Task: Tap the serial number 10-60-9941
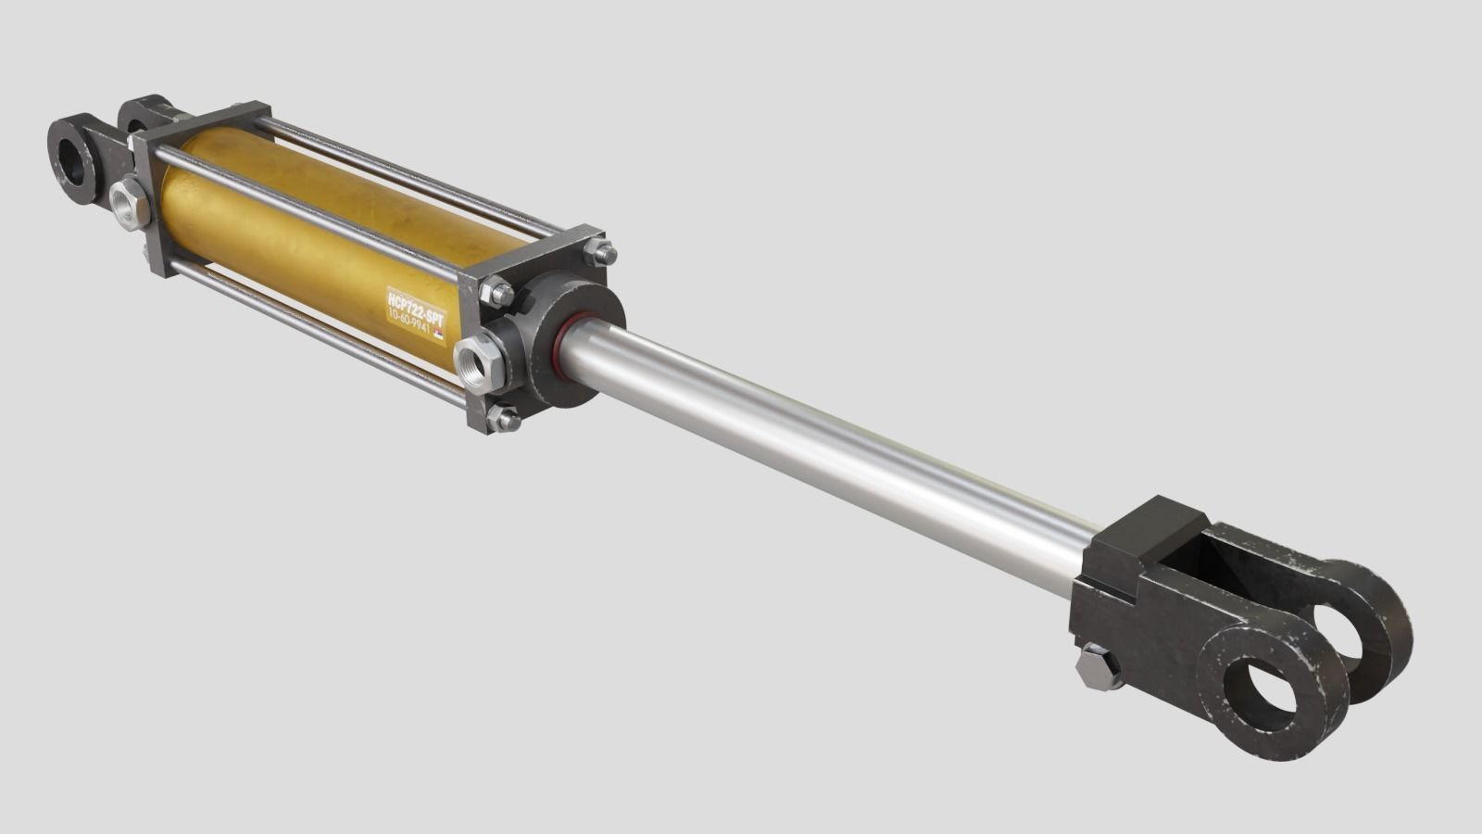(412, 324)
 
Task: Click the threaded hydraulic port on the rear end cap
(129, 204)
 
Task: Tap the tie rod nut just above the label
(496, 294)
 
